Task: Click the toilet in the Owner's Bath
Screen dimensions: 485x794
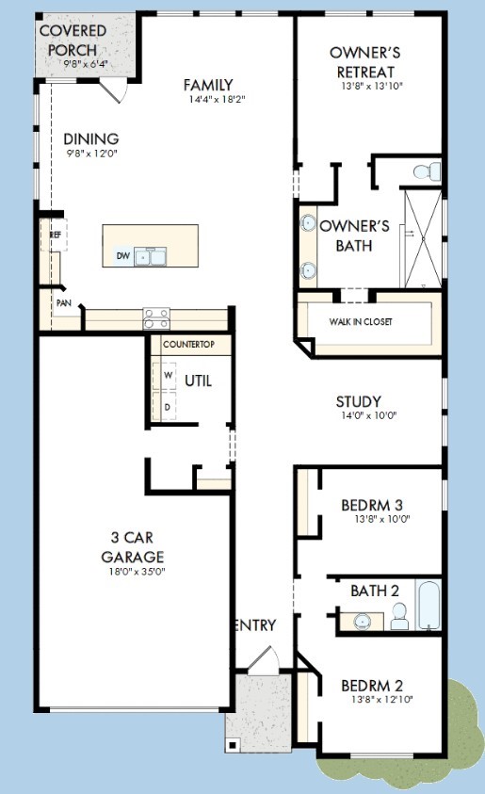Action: point(427,171)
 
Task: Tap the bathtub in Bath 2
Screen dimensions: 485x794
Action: point(428,605)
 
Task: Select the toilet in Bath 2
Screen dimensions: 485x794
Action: point(400,616)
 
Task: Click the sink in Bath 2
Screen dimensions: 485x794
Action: point(363,622)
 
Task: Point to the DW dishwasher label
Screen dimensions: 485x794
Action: point(123,256)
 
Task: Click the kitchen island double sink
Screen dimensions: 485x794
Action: point(151,257)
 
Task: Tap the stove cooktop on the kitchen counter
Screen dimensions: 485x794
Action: point(156,318)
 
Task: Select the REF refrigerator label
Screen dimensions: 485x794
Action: point(55,235)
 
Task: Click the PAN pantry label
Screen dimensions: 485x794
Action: point(63,303)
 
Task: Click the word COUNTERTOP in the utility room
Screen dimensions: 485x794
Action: point(189,345)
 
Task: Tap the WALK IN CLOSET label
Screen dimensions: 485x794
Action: point(361,321)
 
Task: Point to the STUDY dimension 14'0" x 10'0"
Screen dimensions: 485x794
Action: point(368,415)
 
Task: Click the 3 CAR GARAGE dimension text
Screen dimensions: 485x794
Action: point(138,572)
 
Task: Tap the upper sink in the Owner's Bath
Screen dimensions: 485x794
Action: point(308,222)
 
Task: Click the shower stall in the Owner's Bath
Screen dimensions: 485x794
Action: point(423,238)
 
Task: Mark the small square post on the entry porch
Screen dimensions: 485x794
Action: point(233,745)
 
